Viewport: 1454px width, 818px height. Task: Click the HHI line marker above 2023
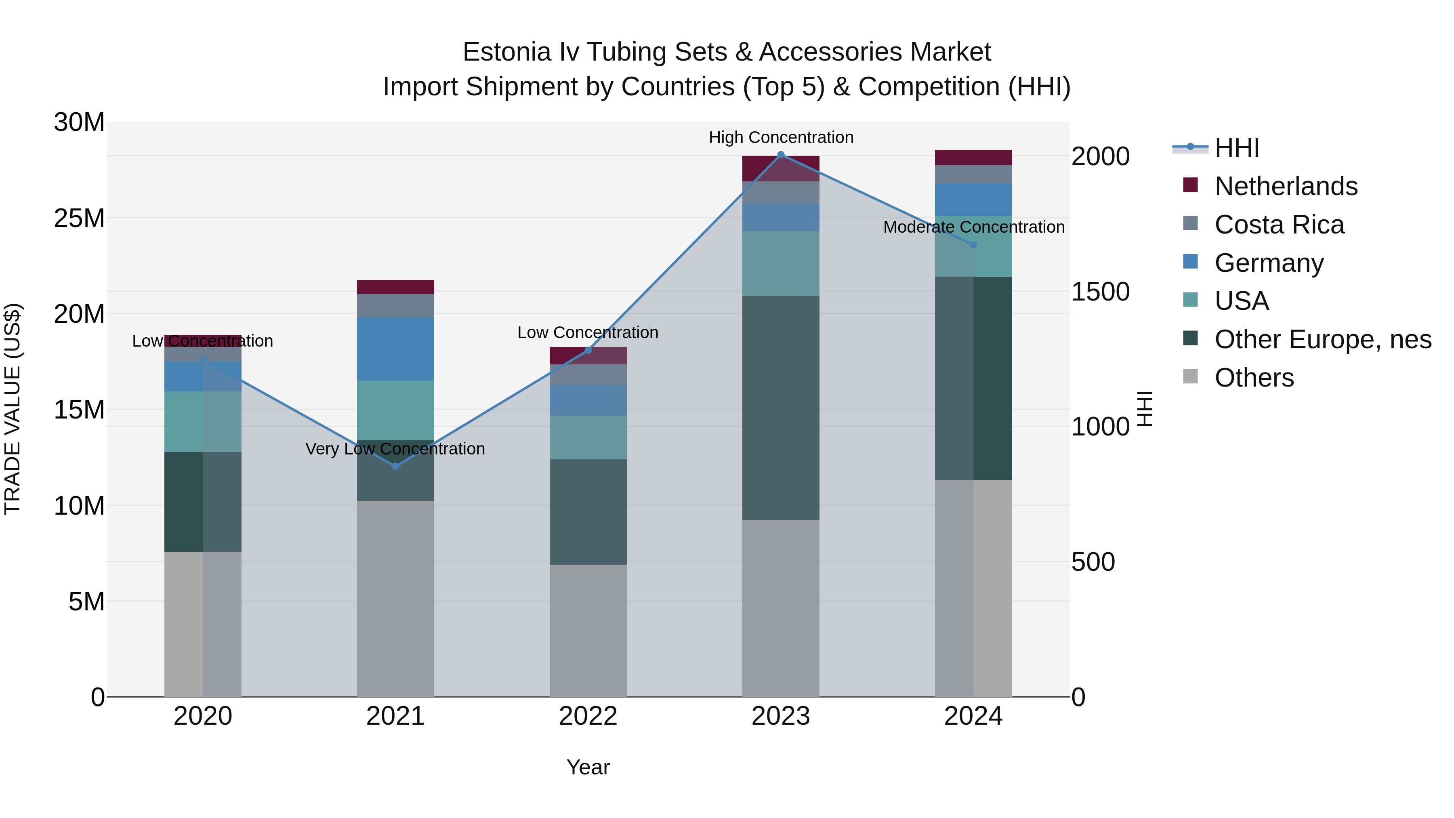pyautogui.click(x=781, y=155)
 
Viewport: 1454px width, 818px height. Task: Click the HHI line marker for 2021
pyautogui.click(x=396, y=466)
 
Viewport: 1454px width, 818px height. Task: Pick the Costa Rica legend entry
pyautogui.click(x=1279, y=225)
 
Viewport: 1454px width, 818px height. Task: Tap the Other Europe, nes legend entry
pyautogui.click(x=1322, y=339)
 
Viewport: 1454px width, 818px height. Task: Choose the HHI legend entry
pyautogui.click(x=1236, y=148)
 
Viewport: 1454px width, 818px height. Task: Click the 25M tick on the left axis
pyautogui.click(x=79, y=218)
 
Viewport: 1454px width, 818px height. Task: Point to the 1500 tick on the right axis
pyautogui.click(x=1100, y=292)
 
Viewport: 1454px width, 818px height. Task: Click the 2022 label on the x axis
pyautogui.click(x=588, y=716)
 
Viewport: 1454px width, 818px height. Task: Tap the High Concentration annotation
pyautogui.click(x=781, y=137)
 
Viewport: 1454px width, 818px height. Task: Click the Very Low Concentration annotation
pyautogui.click(x=395, y=449)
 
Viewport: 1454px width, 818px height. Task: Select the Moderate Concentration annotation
pyautogui.click(x=974, y=227)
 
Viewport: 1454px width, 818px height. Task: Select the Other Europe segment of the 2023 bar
pyautogui.click(x=781, y=408)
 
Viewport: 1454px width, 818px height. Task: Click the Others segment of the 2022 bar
pyautogui.click(x=588, y=630)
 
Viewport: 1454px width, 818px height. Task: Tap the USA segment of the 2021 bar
pyautogui.click(x=396, y=410)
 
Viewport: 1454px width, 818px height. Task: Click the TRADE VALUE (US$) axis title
pyautogui.click(x=13, y=409)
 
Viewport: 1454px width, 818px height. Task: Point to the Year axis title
pyautogui.click(x=588, y=767)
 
